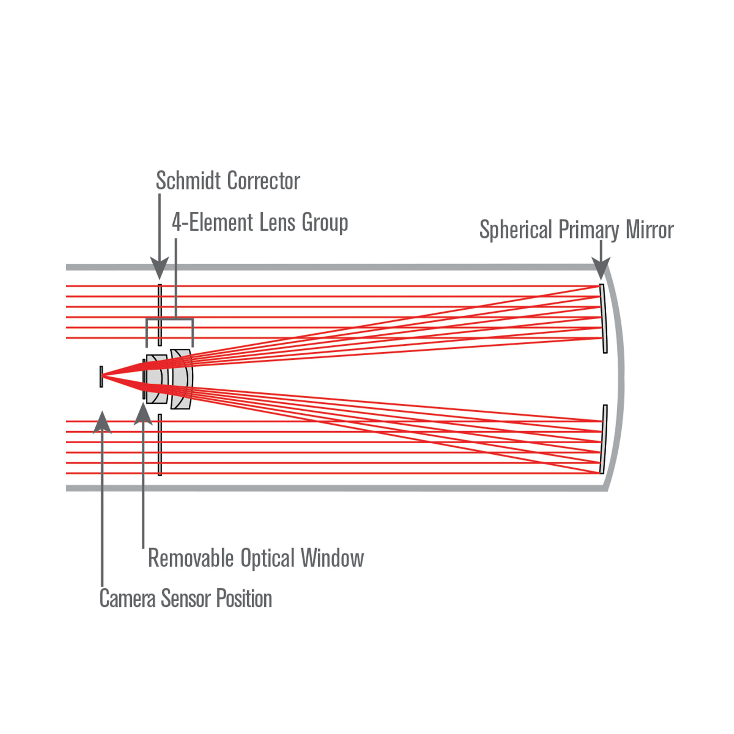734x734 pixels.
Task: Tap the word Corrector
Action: (x=264, y=181)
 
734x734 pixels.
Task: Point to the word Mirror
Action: (x=650, y=230)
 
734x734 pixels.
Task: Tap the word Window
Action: (x=333, y=558)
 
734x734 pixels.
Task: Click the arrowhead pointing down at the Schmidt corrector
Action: (x=160, y=267)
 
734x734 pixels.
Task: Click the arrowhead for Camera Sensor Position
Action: (x=102, y=422)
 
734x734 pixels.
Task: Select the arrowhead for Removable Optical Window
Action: (x=143, y=414)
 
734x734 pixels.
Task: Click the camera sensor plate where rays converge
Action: (x=101, y=377)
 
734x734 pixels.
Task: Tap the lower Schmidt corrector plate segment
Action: (x=160, y=444)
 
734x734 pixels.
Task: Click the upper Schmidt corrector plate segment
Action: (x=160, y=315)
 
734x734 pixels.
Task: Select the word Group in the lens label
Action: (x=325, y=223)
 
